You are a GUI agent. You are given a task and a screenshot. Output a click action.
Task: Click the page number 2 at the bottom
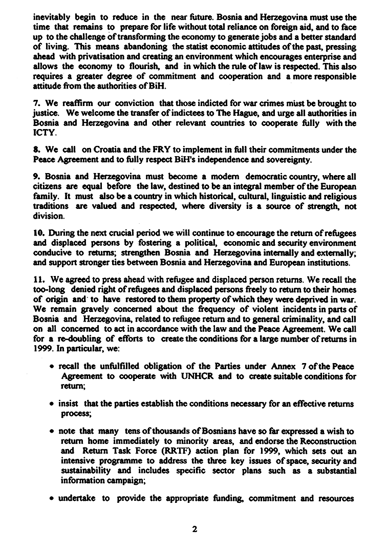[x=195, y=529]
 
